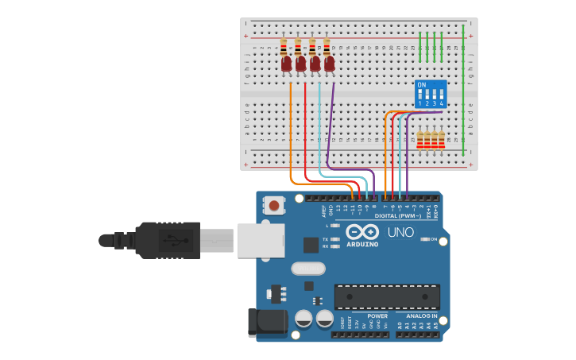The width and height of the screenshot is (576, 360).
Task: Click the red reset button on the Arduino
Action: coord(274,206)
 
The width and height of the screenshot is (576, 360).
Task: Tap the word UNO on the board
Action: coord(400,232)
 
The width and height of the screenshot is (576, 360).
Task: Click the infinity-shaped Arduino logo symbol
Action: coord(362,232)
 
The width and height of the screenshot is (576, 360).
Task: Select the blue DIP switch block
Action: coord(431,94)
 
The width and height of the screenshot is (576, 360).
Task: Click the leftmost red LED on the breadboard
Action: coord(286,63)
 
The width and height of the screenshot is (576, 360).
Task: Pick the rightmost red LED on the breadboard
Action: coord(329,63)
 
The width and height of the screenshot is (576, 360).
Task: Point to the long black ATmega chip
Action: coord(387,296)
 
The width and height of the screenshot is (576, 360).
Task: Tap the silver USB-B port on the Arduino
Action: coord(261,239)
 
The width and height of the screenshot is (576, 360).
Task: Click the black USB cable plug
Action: coord(167,239)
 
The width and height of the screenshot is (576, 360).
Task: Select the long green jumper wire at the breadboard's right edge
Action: coord(463,87)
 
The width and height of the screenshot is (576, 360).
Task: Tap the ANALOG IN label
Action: coord(416,315)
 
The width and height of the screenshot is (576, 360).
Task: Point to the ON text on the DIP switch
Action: coord(421,84)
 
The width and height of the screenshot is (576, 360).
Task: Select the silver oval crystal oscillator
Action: coord(308,269)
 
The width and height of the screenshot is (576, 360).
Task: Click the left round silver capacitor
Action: coord(303,319)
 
